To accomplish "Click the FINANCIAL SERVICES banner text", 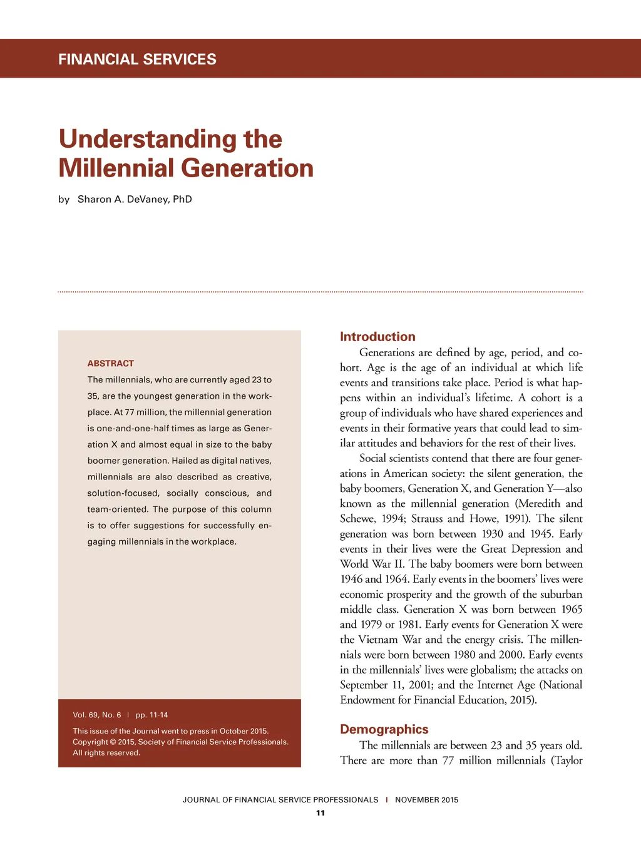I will pos(137,59).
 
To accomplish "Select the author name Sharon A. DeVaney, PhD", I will pos(135,199).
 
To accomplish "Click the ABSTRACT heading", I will pos(111,363).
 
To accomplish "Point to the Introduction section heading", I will pos(377,337).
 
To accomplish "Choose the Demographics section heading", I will pos(384,729).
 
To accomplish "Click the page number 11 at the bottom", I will pos(320,813).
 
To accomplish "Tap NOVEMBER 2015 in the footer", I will pos(426,800).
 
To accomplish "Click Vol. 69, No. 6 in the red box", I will pos(97,715).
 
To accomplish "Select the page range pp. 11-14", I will pos(151,715).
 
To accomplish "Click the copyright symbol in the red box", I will pos(113,742).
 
